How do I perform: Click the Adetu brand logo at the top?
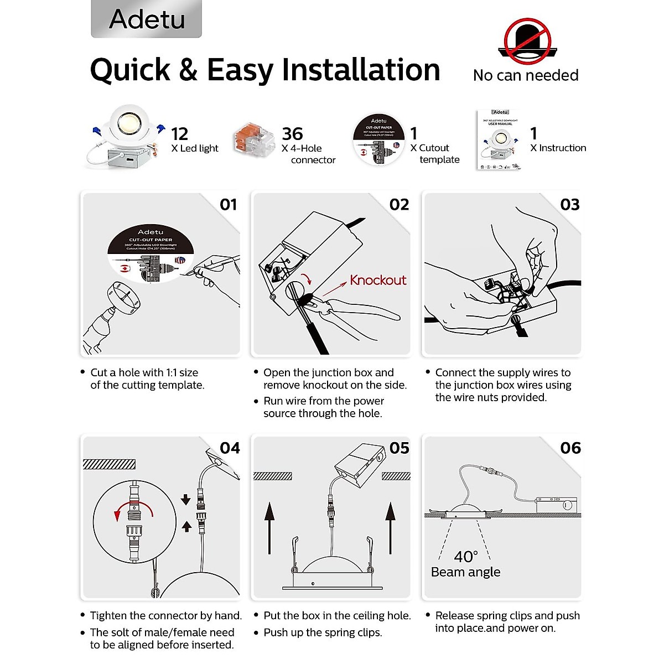[x=147, y=19]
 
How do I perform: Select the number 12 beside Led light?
[x=179, y=134]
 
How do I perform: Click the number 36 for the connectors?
[x=292, y=134]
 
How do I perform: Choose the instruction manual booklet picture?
[x=499, y=141]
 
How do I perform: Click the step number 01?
[x=228, y=205]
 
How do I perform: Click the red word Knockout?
[x=378, y=281]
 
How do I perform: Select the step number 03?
[x=570, y=205]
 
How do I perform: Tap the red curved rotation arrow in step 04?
[x=133, y=509]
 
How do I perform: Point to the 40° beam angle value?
[x=465, y=556]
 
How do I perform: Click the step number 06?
[x=570, y=448]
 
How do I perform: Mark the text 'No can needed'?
[x=526, y=75]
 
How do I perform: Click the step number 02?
[x=399, y=205]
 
